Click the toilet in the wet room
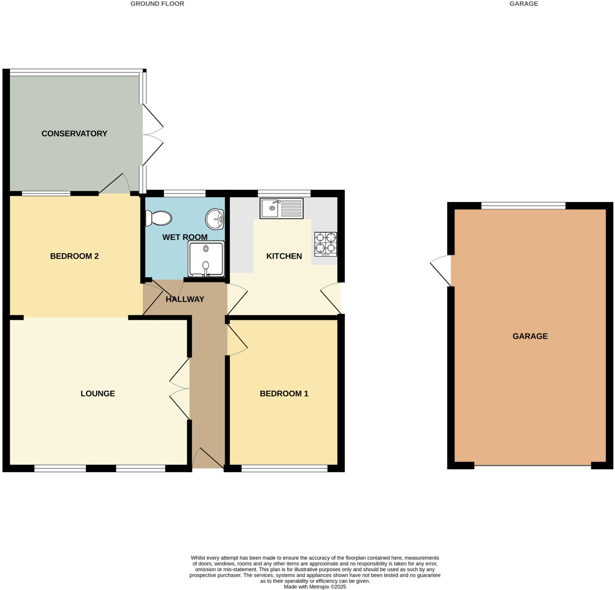[159, 218]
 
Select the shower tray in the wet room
[206, 259]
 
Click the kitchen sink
[281, 208]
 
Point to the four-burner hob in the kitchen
[326, 244]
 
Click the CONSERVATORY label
[74, 133]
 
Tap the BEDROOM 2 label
[74, 256]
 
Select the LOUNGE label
[98, 394]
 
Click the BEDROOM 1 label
[284, 394]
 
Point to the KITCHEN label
[284, 256]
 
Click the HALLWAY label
[185, 299]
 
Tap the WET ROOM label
[185, 237]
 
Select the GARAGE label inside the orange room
[530, 336]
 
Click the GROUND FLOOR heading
[157, 4]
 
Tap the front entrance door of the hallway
[208, 459]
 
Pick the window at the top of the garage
[523, 206]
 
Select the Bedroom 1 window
[284, 468]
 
